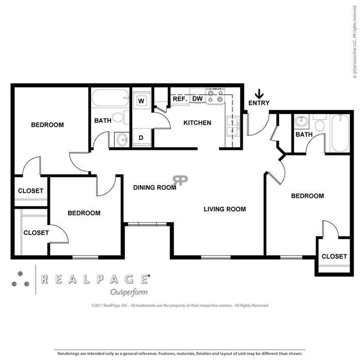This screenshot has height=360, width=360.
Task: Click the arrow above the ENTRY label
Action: point(259,93)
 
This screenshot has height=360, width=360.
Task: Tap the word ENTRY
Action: point(259,103)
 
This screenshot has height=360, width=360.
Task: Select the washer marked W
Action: point(141,101)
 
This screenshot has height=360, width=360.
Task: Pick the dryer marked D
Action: point(140,137)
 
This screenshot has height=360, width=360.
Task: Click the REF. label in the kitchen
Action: point(179,98)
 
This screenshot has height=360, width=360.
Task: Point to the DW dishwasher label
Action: point(197,98)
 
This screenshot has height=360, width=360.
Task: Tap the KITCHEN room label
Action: point(197,123)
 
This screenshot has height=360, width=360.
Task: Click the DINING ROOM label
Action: point(154,187)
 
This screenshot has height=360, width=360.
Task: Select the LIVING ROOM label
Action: point(224,209)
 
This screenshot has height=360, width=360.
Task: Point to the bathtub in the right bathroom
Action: point(340,133)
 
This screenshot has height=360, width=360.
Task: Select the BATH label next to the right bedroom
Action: point(304,135)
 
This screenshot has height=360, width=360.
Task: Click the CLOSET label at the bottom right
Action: point(334,257)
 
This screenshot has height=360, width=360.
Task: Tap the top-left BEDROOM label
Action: point(47,125)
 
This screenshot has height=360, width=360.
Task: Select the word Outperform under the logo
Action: point(129,292)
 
